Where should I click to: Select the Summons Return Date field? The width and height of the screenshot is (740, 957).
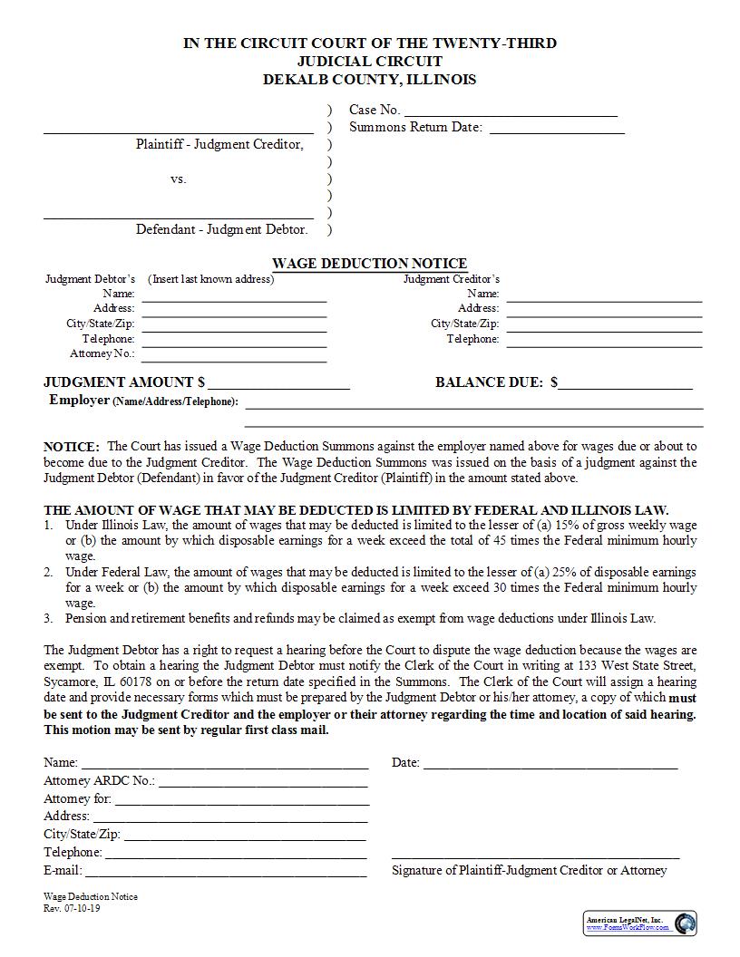click(x=557, y=129)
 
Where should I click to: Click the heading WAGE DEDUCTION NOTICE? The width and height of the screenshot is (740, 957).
click(x=370, y=264)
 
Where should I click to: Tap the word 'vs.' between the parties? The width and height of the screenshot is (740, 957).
click(x=179, y=179)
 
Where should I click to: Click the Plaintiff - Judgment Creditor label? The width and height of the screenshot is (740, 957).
click(x=219, y=144)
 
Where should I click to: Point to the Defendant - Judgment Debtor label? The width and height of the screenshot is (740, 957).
click(x=222, y=229)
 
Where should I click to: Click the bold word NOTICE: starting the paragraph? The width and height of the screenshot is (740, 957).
click(x=72, y=447)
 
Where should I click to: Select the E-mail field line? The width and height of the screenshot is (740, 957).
click(x=226, y=872)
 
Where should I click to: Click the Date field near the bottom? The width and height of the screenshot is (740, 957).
click(x=550, y=764)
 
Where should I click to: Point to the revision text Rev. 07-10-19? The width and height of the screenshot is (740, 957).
click(x=72, y=909)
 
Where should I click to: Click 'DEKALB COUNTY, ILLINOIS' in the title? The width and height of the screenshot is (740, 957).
click(x=369, y=79)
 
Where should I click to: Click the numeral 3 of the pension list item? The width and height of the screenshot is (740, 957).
click(x=47, y=619)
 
